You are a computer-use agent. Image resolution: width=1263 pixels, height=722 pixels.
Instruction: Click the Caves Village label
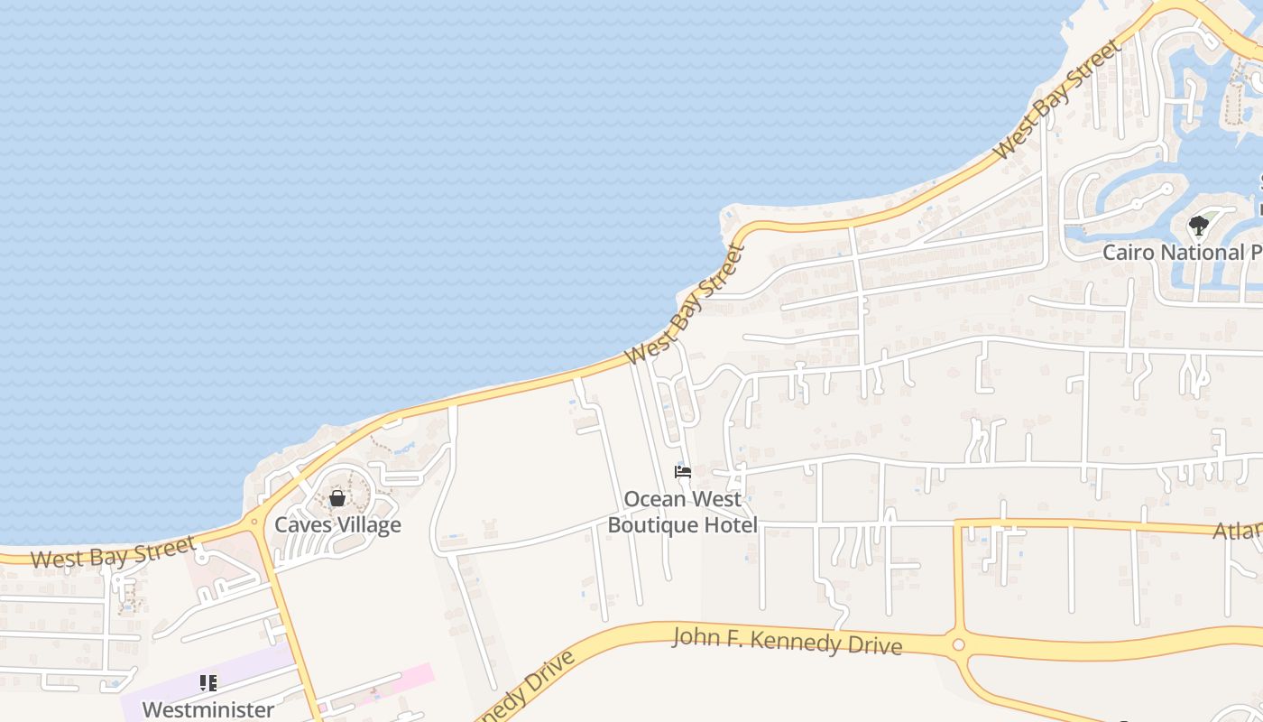pyautogui.click(x=337, y=525)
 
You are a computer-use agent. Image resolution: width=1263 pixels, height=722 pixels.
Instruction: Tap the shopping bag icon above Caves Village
pyautogui.click(x=337, y=498)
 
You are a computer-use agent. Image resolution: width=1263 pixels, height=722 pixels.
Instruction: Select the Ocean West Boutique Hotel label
pyautogui.click(x=682, y=512)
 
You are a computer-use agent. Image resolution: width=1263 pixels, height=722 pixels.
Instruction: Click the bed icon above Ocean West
pyautogui.click(x=683, y=472)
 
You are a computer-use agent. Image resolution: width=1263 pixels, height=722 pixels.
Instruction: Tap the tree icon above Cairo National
pyautogui.click(x=1198, y=226)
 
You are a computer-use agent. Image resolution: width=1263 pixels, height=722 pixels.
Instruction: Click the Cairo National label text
pyautogui.click(x=1182, y=253)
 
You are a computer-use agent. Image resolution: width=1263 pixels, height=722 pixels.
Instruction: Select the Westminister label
pyautogui.click(x=208, y=710)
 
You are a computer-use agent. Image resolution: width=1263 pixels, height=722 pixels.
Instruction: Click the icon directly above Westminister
pyautogui.click(x=208, y=683)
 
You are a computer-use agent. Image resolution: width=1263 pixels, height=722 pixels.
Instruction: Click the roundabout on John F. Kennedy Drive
pyautogui.click(x=958, y=644)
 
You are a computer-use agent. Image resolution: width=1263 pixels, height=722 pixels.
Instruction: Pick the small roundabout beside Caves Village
pyautogui.click(x=254, y=521)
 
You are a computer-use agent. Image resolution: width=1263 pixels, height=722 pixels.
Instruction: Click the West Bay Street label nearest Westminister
pyautogui.click(x=113, y=552)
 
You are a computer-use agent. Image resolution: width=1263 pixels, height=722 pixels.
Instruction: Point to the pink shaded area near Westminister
pyautogui.click(x=401, y=681)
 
